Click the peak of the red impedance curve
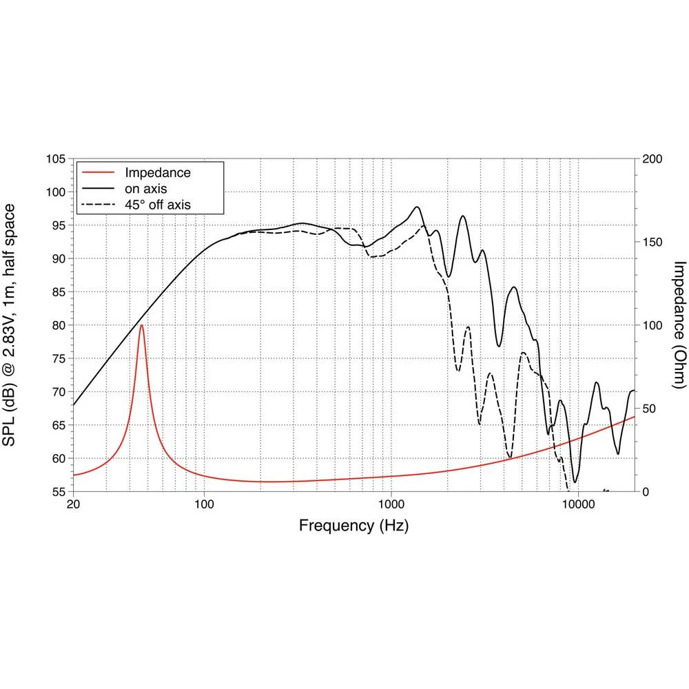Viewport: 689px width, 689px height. pos(141,325)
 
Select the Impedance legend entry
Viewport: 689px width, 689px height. pos(157,172)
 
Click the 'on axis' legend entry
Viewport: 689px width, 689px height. pos(145,188)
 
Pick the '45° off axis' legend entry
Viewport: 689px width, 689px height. pos(156,204)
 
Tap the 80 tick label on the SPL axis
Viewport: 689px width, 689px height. pos(58,325)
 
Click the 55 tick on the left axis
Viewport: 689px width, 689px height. pos(58,492)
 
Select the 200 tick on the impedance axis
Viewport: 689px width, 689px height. pos(652,159)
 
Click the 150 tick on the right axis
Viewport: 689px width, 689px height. pos(652,243)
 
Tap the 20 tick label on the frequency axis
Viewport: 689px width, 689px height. pos(74,505)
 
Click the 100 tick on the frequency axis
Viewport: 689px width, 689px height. pos(204,505)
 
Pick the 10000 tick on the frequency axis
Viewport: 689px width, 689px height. pos(577,505)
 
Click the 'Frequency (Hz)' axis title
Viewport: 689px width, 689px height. pos(353,526)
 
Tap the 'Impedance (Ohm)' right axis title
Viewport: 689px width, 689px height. pos(679,325)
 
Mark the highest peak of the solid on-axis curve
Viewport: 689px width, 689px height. pos(417,207)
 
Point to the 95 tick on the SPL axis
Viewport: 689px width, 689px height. pos(58,225)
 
